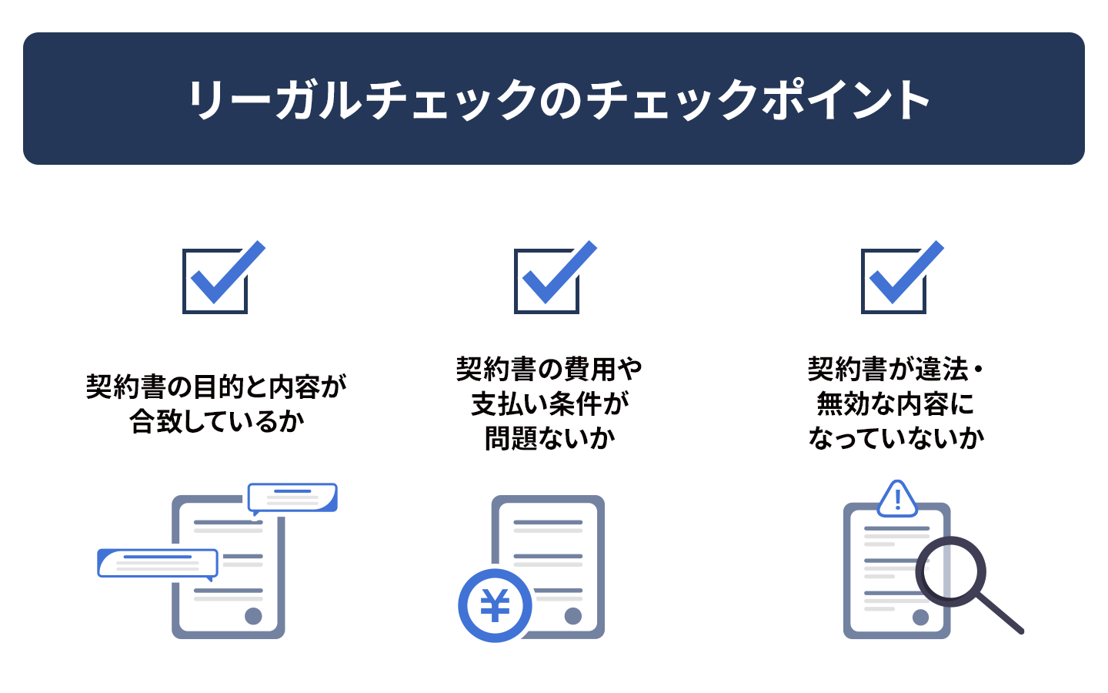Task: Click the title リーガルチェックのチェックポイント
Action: pos(559,99)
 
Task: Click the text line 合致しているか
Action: pos(217,421)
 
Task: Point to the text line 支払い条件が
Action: pos(549,403)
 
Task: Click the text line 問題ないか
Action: pos(549,438)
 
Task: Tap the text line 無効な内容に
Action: pos(896,403)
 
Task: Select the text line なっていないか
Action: pos(896,438)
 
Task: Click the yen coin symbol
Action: pos(495,605)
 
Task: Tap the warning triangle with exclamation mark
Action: pos(897,499)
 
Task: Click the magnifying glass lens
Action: pos(950,571)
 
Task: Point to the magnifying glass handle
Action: pos(1000,614)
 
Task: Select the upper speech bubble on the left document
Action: pos(292,498)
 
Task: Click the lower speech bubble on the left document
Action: pos(158,564)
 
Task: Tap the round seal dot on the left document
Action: pos(253,616)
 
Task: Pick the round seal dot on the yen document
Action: pos(572,616)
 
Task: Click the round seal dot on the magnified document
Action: pos(920,617)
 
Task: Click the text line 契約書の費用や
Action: pos(549,370)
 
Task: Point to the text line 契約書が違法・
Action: pos(896,370)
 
